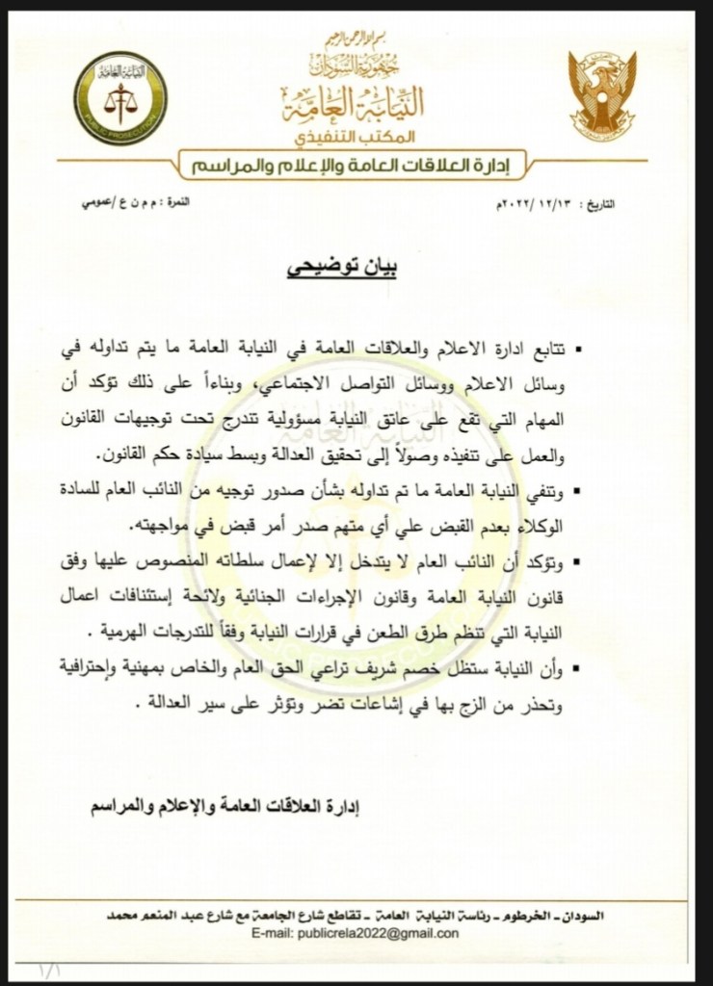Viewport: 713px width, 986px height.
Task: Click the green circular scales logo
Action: tap(119, 97)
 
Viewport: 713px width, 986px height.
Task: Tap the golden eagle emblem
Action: tap(600, 95)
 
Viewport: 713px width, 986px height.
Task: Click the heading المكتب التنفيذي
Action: tap(358, 134)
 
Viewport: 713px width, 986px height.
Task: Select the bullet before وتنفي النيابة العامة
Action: tap(592, 494)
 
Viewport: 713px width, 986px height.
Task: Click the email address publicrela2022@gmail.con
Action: tap(382, 933)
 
